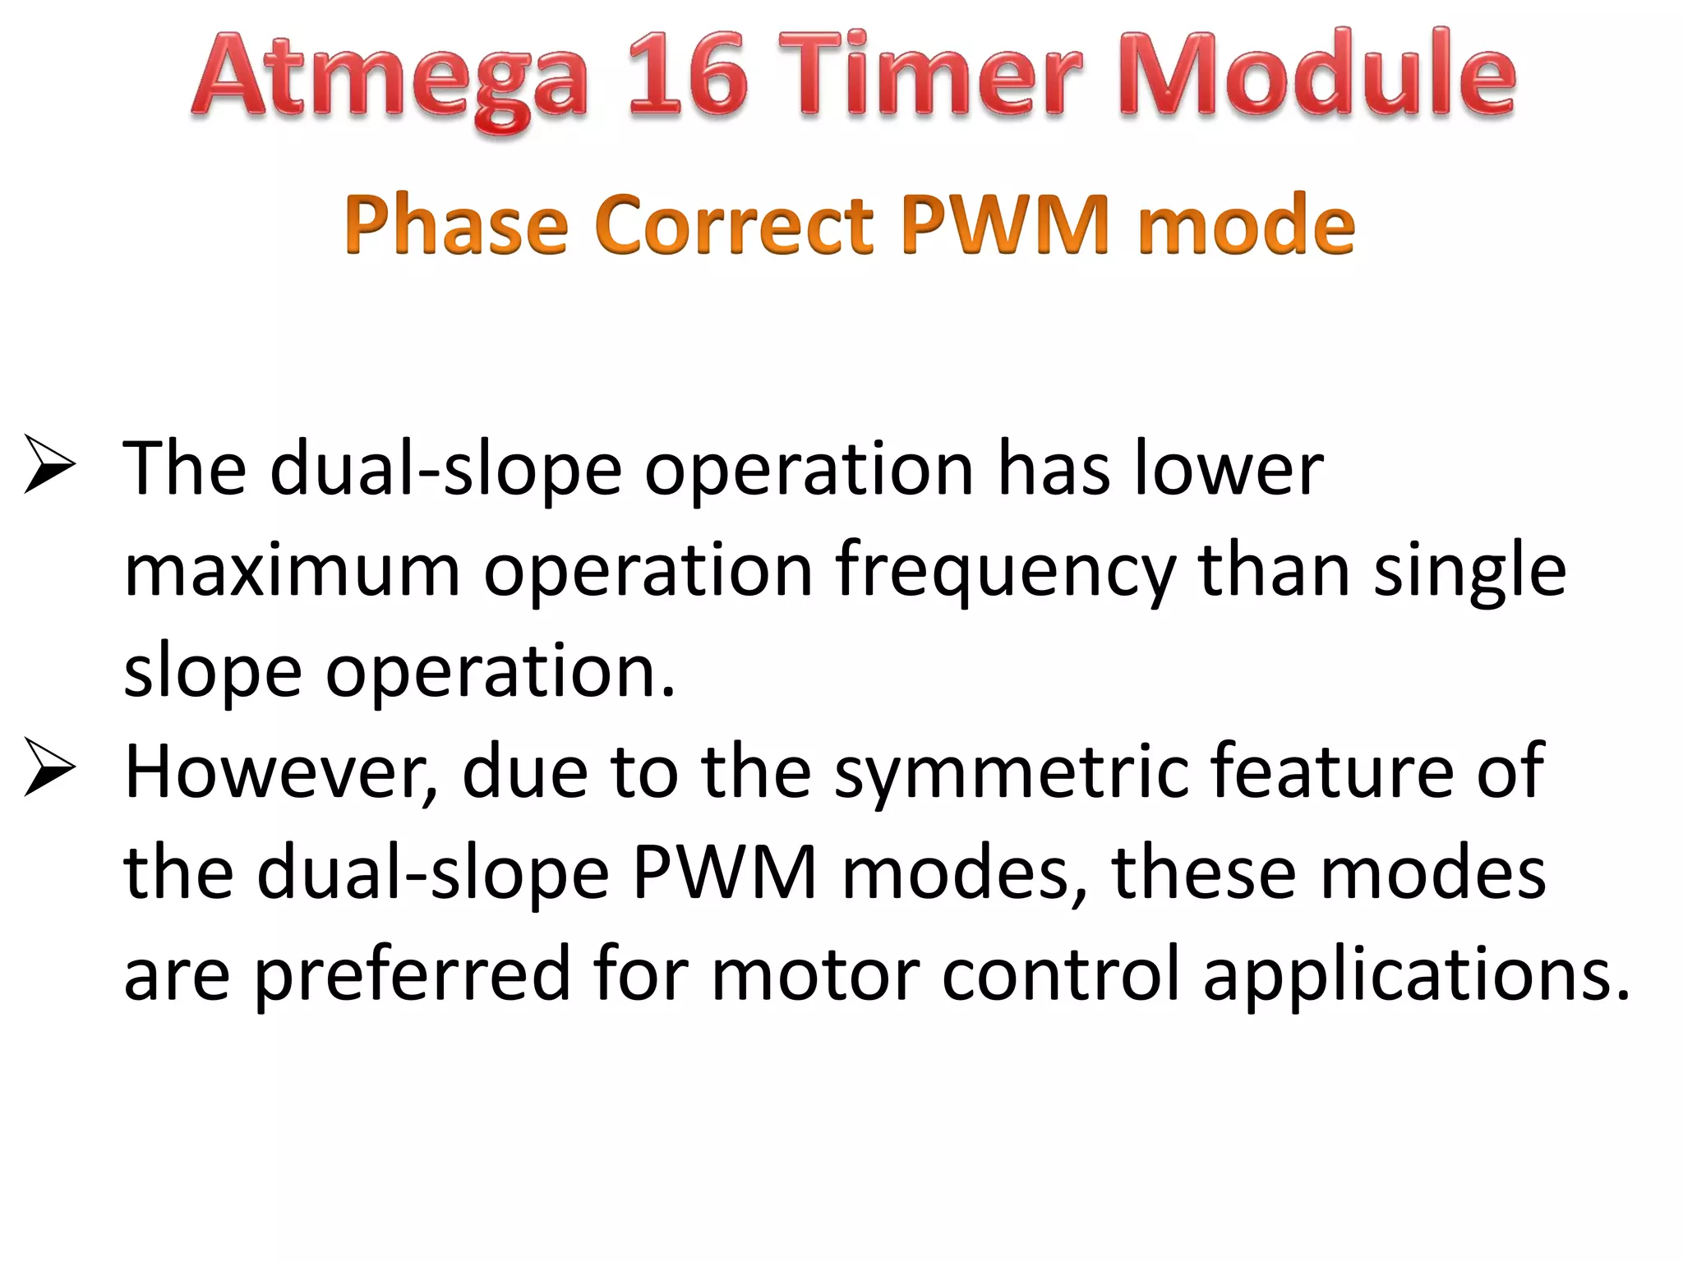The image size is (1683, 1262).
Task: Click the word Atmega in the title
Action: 391,78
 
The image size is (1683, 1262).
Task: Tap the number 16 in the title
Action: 689,76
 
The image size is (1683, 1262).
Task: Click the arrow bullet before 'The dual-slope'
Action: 49,465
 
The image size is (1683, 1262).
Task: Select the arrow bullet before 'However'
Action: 49,767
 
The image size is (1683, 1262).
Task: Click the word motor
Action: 814,974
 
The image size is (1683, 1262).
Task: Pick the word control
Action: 1061,973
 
